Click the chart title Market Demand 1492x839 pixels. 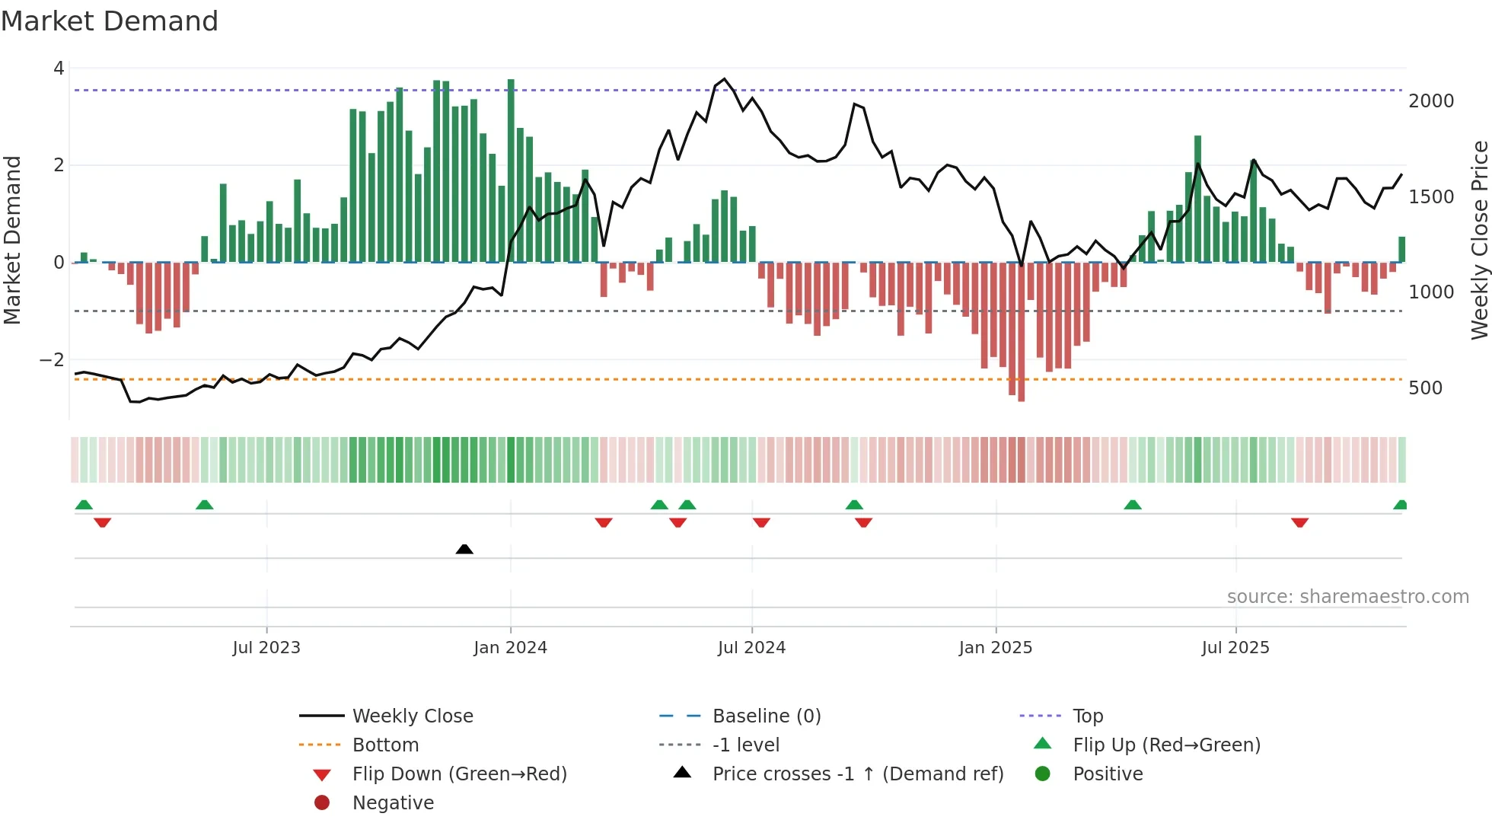[110, 21]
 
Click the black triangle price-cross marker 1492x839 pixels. [464, 549]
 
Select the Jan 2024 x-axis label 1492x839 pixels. [510, 648]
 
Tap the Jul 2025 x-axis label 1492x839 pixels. [1235, 648]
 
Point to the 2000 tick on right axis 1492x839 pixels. [1431, 101]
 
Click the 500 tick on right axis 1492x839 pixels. [1425, 388]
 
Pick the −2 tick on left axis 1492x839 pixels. [52, 359]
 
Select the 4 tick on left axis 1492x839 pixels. [59, 69]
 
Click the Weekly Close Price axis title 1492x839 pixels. [1479, 240]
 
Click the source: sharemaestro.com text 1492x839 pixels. [1347, 597]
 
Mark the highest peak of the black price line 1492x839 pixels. [724, 79]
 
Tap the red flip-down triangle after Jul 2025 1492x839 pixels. [1299, 522]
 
